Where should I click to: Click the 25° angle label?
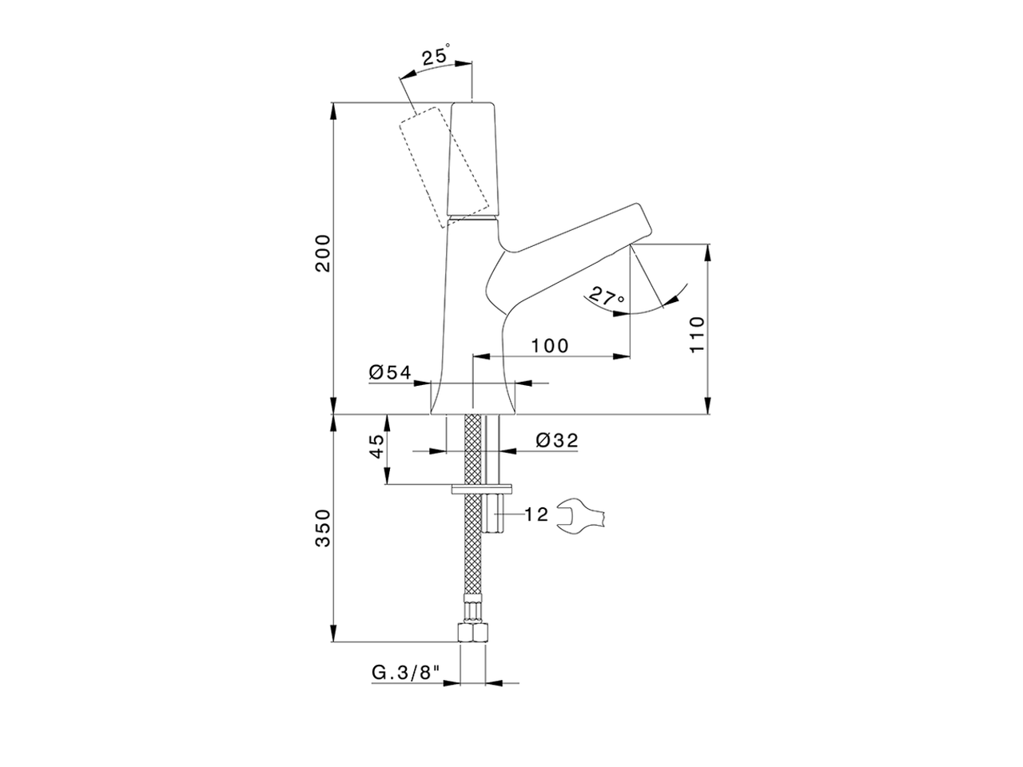(436, 58)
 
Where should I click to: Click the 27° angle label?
(606, 297)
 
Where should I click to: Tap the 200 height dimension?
(322, 253)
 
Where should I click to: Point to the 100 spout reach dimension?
(551, 345)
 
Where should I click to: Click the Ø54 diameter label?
(389, 372)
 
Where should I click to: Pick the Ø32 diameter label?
(557, 440)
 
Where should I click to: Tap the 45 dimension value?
(376, 447)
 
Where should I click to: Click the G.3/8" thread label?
(407, 673)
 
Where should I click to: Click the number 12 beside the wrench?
(537, 515)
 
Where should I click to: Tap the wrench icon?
(582, 515)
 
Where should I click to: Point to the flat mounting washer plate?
(483, 488)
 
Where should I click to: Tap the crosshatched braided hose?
(474, 559)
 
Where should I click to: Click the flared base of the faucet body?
(473, 398)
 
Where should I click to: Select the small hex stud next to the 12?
(497, 515)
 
